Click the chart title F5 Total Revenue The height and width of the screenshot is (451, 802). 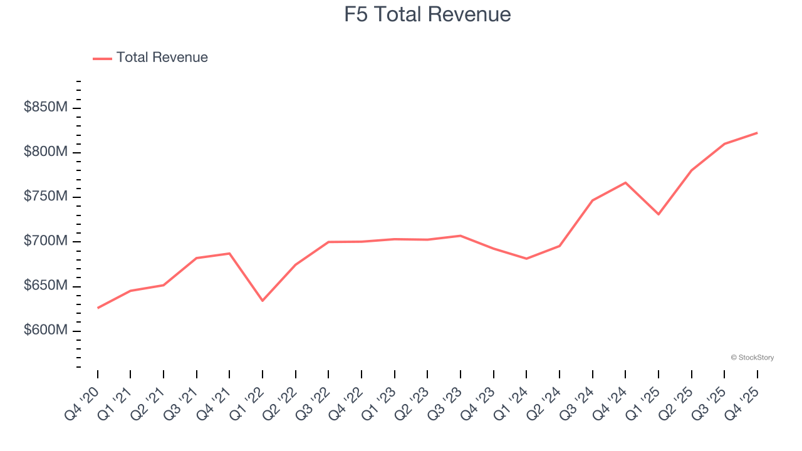(x=427, y=14)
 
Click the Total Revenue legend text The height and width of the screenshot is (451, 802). (x=162, y=58)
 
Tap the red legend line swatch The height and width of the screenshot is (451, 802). (x=102, y=58)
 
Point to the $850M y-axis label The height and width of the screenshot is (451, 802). (x=45, y=108)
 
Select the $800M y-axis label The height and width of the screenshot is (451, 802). (x=45, y=152)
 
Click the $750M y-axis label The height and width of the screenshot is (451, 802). (x=45, y=197)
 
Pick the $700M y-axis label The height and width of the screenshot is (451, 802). (x=45, y=241)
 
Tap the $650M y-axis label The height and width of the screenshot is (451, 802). (x=45, y=286)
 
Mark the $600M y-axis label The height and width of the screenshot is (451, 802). (x=45, y=330)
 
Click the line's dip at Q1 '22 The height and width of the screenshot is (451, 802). (x=263, y=301)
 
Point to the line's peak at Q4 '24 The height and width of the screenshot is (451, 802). (x=625, y=182)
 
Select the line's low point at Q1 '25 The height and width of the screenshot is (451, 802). (x=659, y=214)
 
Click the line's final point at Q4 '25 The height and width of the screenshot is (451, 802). (x=757, y=133)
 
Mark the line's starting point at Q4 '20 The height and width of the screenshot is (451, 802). (x=98, y=308)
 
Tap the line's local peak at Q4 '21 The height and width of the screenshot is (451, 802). (x=229, y=253)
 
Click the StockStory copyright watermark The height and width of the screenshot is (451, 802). (x=752, y=358)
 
